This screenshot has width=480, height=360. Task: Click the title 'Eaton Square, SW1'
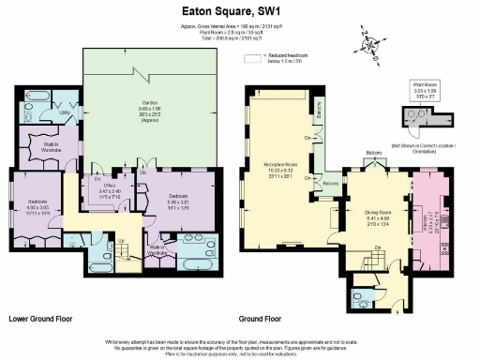pos(240,10)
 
